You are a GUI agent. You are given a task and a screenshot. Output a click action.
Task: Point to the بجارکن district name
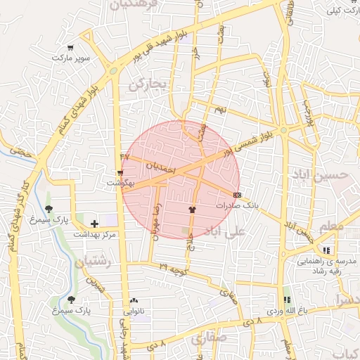pos(146,86)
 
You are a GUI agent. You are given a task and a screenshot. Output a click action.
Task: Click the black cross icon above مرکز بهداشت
pos(95,223)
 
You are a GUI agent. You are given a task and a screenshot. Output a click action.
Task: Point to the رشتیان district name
pos(91,262)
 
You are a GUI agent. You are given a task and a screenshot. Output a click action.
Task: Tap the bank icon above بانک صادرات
pos(236,194)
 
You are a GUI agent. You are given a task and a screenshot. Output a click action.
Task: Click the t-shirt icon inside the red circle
pos(192,209)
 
